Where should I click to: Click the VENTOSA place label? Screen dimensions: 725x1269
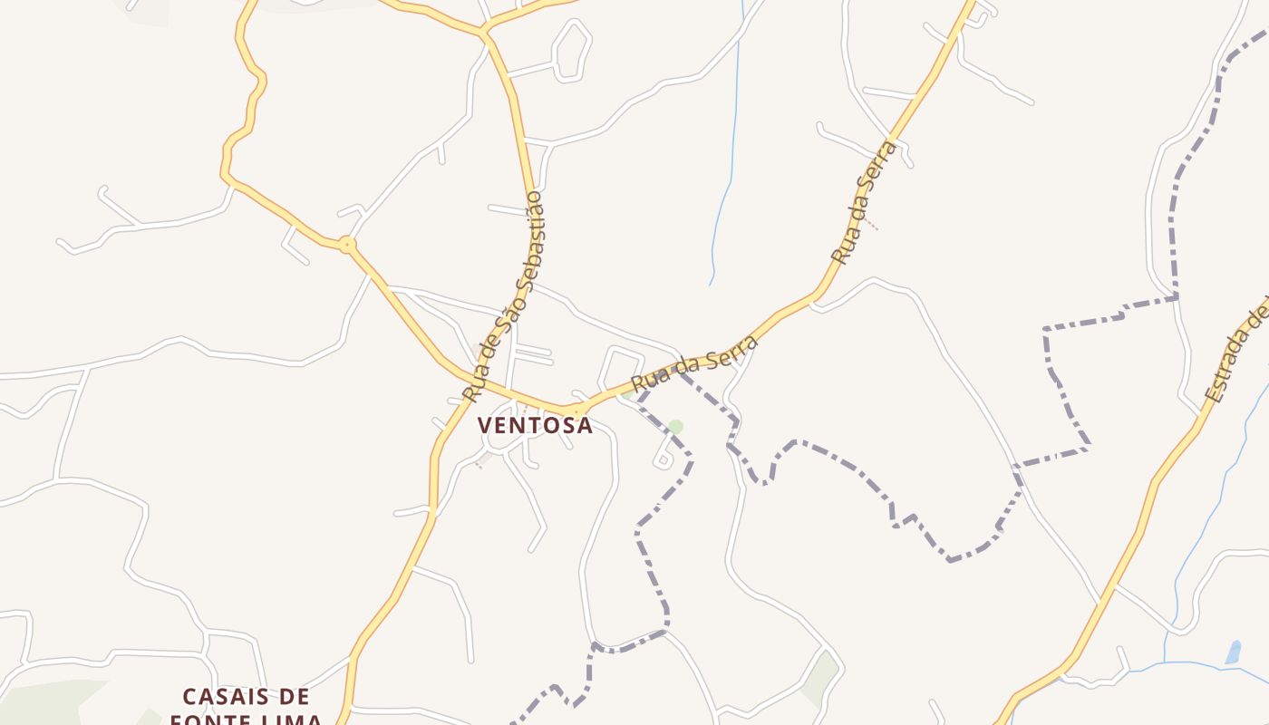tap(535, 425)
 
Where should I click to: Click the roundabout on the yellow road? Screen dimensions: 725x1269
tap(346, 245)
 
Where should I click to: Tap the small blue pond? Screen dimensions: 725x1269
tap(1233, 652)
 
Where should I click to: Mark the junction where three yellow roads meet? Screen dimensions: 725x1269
tap(485, 34)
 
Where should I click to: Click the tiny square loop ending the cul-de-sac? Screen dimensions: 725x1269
tap(663, 461)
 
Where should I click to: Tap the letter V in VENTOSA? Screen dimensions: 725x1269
tap(486, 425)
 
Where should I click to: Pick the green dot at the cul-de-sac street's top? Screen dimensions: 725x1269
tap(674, 426)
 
